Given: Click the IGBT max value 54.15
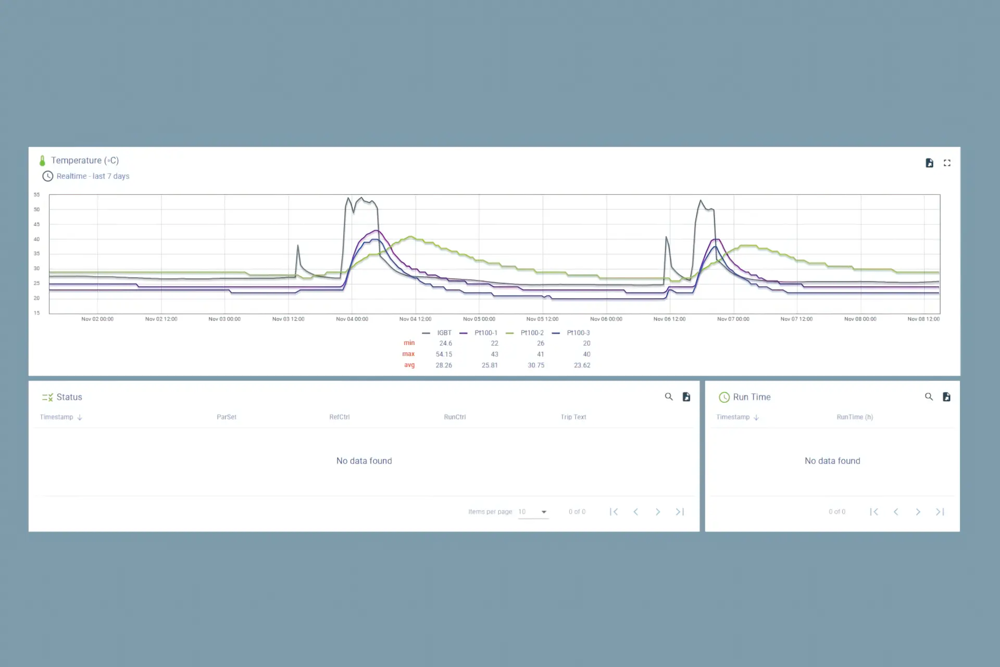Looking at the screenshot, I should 444,354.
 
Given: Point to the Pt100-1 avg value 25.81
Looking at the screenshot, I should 490,365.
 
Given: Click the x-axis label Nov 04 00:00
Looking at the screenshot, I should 352,319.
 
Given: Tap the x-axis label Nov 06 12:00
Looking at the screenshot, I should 669,319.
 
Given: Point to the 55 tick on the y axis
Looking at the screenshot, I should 36,195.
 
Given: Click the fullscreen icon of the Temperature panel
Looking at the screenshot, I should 947,163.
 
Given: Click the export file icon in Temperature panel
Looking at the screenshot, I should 929,163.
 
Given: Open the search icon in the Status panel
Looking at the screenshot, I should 669,397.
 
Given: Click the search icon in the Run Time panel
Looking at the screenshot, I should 929,397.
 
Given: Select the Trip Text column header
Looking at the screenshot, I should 573,417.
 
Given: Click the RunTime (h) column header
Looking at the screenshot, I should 855,417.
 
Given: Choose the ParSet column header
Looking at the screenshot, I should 227,417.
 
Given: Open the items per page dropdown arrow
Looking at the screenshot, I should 544,512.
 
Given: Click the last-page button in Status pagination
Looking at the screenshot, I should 680,512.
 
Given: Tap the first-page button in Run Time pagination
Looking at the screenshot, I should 874,512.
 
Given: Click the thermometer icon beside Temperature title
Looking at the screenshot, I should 42,160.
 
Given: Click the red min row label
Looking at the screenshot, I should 409,343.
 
